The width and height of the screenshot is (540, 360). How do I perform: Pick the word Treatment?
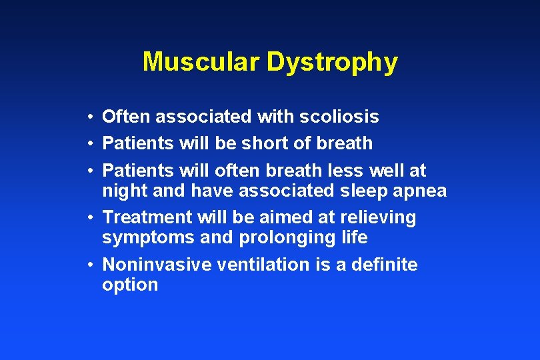[x=145, y=217]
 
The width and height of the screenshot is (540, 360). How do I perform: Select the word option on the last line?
[x=130, y=285]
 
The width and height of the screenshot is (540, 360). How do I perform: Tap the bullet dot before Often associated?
[x=89, y=118]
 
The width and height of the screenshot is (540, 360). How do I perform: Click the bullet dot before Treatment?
[x=89, y=218]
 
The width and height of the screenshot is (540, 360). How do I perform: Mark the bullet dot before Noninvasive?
[x=89, y=265]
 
